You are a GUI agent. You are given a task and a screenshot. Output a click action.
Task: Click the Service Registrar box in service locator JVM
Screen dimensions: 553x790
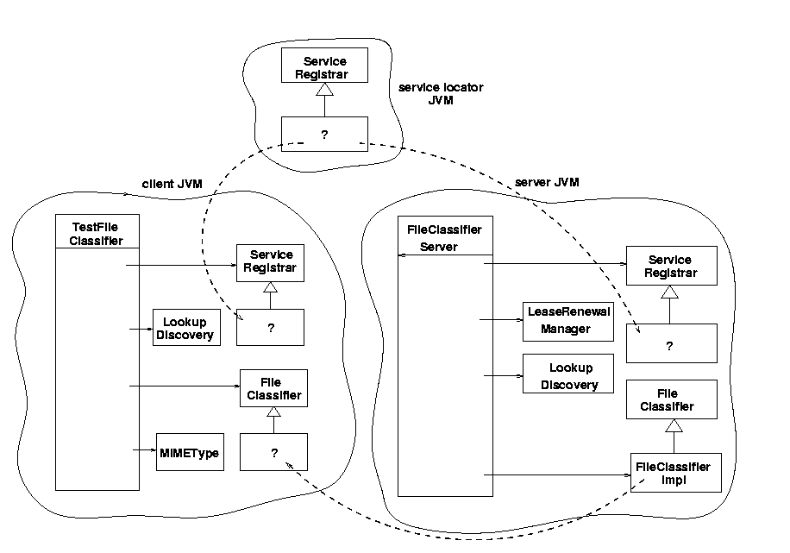click(x=324, y=65)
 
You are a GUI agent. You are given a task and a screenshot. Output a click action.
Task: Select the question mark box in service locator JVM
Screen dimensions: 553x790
click(x=324, y=134)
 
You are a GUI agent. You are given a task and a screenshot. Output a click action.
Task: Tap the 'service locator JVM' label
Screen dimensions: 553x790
click(x=441, y=94)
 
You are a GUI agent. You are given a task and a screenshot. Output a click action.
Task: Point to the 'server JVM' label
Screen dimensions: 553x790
click(x=547, y=182)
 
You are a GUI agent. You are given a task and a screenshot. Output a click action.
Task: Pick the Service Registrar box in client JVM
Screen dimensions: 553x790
click(x=270, y=261)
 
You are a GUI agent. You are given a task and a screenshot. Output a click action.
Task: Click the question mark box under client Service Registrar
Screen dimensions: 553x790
click(x=270, y=328)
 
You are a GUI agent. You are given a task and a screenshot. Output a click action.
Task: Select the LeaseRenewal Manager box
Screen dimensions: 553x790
click(x=568, y=321)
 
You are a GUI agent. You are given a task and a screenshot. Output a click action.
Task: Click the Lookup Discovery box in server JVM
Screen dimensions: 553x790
click(x=568, y=377)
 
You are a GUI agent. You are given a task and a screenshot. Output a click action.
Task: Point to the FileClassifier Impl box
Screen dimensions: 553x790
click(x=674, y=473)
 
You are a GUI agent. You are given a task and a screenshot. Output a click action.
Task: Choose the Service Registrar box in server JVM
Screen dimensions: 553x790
click(x=671, y=267)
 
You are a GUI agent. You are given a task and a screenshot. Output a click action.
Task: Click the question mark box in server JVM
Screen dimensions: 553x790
click(x=671, y=343)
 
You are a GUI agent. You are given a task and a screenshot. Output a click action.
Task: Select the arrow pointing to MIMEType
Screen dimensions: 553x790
click(x=144, y=449)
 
